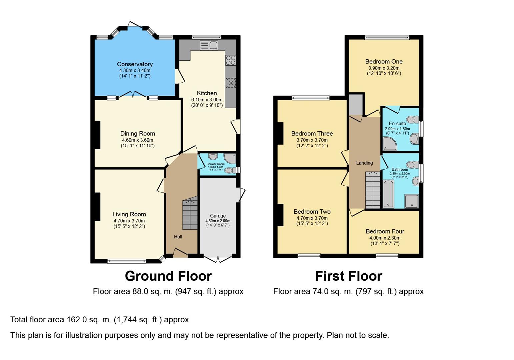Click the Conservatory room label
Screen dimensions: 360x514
(135, 64)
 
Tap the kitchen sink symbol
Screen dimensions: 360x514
(209, 45)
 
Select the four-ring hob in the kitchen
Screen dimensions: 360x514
(231, 60)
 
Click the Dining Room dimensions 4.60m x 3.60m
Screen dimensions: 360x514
(137, 140)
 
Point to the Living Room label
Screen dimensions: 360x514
(129, 214)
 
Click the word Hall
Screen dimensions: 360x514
(178, 237)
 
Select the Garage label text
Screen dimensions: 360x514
(218, 216)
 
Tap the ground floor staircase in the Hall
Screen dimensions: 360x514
(190, 213)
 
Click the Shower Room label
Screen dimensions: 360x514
(216, 164)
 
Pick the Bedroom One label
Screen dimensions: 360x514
(384, 61)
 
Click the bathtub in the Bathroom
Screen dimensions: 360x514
(388, 194)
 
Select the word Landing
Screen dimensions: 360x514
(364, 163)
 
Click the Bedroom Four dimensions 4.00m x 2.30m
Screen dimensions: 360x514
(385, 238)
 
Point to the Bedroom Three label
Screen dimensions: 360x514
(312, 133)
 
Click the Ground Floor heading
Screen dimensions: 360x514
(168, 276)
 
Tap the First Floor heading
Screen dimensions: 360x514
(348, 276)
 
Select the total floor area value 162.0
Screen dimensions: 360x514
(76, 320)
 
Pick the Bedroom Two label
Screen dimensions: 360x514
(312, 212)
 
